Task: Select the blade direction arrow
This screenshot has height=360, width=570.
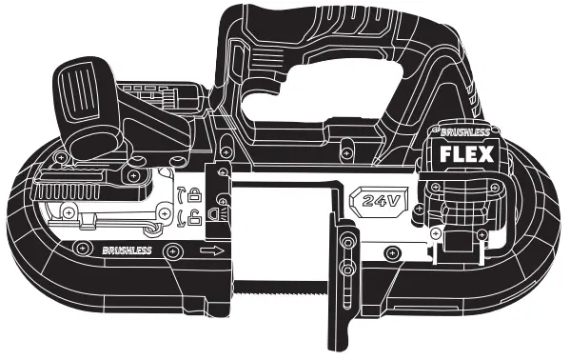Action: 211,251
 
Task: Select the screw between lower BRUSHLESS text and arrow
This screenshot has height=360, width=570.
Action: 170,250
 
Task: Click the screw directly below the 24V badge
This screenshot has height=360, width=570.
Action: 388,251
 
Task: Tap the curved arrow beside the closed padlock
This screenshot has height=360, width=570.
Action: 180,196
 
